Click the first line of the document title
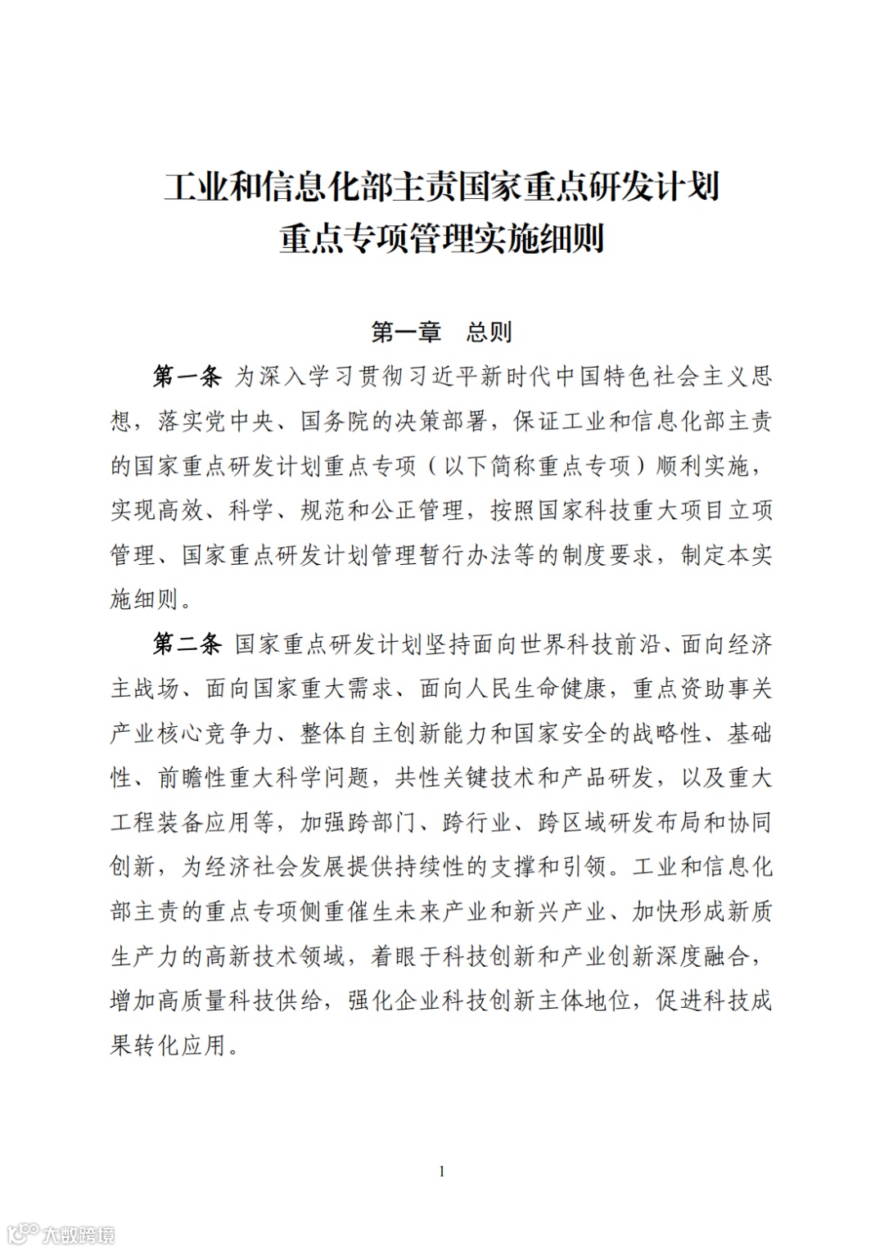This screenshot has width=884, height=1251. click(x=442, y=187)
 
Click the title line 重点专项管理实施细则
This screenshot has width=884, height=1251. click(x=442, y=239)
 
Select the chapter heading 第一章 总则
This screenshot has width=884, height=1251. click(x=441, y=332)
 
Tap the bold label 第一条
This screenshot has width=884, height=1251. click(x=187, y=377)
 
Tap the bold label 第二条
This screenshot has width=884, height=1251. click(x=187, y=644)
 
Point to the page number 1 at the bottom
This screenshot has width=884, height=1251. click(x=442, y=1172)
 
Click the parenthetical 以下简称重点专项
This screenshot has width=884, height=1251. click(x=537, y=466)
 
